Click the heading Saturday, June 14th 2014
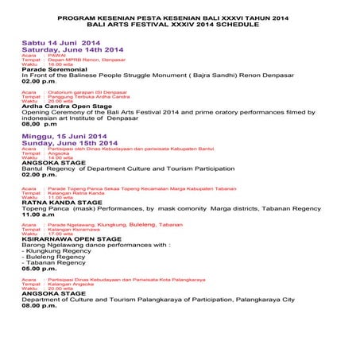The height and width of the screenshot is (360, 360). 72,48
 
